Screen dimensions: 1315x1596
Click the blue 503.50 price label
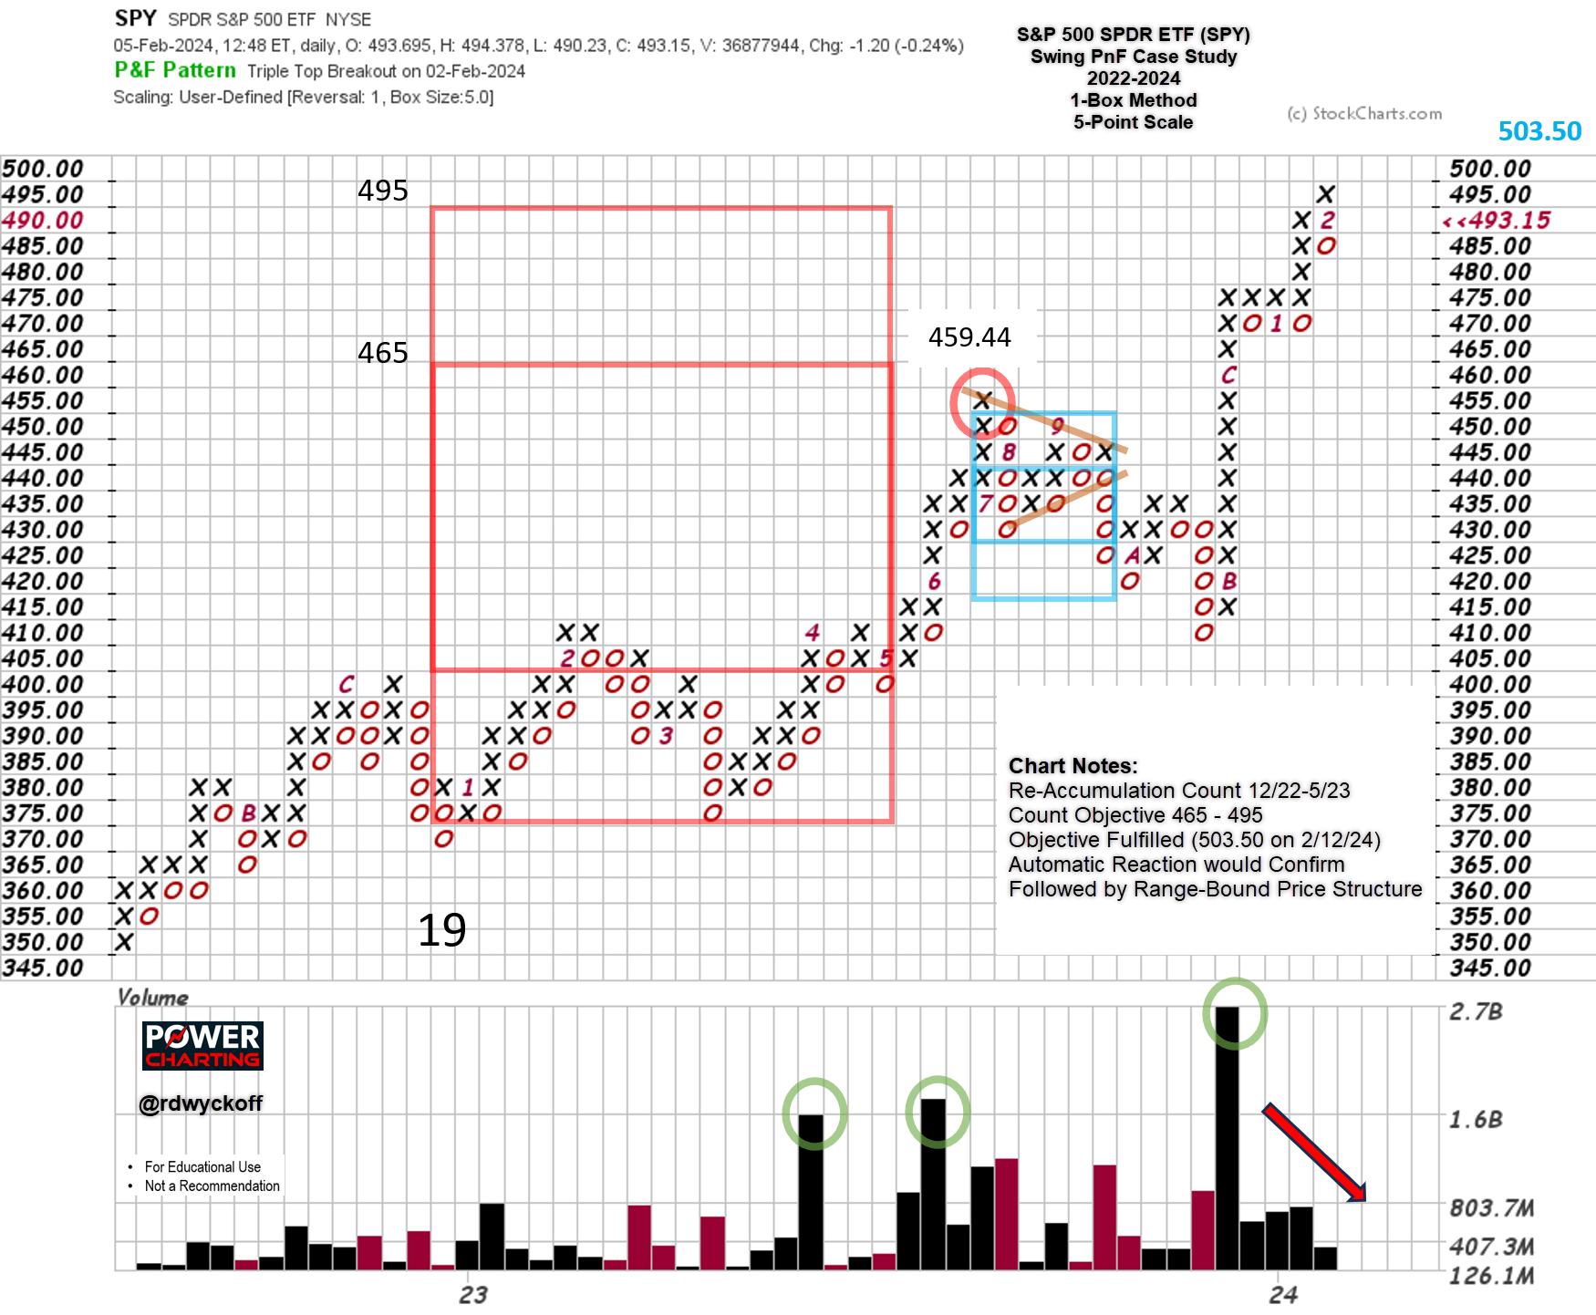1539,131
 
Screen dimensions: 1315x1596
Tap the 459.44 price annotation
969,337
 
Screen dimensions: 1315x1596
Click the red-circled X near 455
982,400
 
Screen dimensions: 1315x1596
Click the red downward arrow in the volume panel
1314,1154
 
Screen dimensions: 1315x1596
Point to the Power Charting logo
202,1045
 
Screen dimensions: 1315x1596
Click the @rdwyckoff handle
201,1103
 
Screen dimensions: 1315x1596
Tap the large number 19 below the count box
441,930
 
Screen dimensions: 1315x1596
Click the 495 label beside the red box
382,191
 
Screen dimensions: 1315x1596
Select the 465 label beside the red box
382,353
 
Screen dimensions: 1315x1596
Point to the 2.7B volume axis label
1475,1011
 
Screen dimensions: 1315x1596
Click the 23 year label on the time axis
473,1294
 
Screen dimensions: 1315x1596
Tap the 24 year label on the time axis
1282,1294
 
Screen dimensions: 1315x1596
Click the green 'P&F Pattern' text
175,70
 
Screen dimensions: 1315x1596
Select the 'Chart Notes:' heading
1073,766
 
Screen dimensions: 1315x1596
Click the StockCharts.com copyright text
1364,114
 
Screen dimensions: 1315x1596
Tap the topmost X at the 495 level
1326,194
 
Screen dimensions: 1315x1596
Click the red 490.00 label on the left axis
42,221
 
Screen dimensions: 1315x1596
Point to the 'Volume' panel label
152,997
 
